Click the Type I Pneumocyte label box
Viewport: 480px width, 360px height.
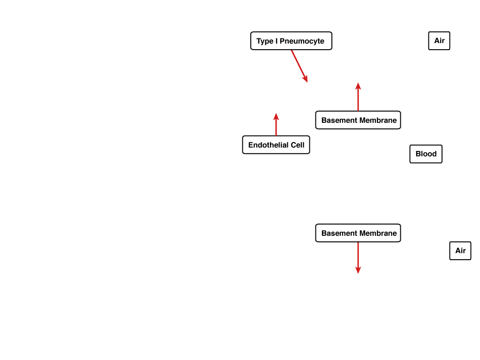coord(291,41)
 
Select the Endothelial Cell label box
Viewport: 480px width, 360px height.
coord(276,145)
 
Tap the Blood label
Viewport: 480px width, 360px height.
coord(426,154)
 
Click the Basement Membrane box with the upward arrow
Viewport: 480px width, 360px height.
coord(358,120)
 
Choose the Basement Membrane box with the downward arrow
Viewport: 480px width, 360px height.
coord(358,233)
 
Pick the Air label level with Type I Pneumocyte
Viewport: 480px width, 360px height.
coord(439,41)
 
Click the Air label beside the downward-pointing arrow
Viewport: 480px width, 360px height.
coord(460,251)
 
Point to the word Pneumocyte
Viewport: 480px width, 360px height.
coord(302,41)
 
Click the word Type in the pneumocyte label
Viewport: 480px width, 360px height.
coord(265,41)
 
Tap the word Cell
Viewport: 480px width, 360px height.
coord(298,145)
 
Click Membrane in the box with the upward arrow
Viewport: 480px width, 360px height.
coord(378,120)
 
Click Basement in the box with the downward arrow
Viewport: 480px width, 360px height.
coord(339,233)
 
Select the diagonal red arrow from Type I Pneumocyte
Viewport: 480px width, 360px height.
coord(300,66)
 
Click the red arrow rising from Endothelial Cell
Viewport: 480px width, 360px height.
coord(276,124)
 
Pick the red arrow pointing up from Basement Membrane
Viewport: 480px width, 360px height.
coord(358,97)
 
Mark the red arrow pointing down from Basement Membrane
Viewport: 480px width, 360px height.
coord(358,258)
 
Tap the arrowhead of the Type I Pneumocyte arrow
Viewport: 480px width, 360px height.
coord(305,79)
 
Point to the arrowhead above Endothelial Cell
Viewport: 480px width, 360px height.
coord(276,116)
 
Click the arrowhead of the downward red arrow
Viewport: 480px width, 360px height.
coord(358,270)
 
